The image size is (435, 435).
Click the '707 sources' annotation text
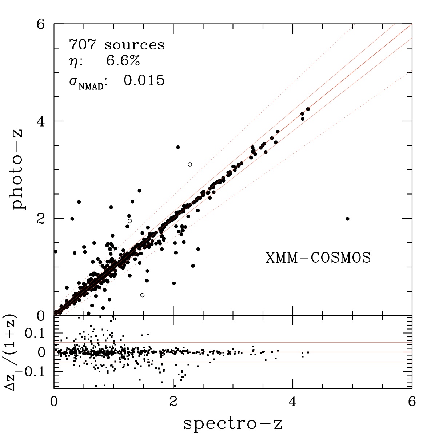point(117,44)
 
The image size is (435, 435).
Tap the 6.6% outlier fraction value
point(123,60)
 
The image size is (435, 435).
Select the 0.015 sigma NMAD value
point(144,80)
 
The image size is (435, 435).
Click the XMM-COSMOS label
point(318,258)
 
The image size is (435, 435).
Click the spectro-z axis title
point(233,424)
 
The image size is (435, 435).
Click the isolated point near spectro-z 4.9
point(347,219)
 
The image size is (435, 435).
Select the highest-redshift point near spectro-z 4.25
point(308,109)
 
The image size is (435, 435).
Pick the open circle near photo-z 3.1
point(190,164)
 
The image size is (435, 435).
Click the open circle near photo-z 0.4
point(142,295)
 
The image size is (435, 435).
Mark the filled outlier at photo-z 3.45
point(178,147)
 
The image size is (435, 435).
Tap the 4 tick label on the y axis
point(40,121)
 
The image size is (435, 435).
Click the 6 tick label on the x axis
point(412,402)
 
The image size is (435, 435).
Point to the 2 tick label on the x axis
point(173,402)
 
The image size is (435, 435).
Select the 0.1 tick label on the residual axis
point(35,333)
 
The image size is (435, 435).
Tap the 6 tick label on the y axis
point(40,24)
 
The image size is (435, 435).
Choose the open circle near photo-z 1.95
point(130,221)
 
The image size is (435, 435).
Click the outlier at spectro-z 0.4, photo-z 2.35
point(79,202)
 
